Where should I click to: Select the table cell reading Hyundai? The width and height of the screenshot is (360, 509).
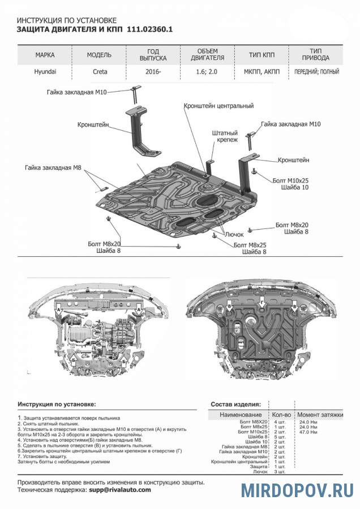click(x=45, y=72)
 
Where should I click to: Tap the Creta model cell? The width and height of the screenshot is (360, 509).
click(x=99, y=72)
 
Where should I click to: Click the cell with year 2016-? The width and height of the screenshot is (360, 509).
click(x=153, y=72)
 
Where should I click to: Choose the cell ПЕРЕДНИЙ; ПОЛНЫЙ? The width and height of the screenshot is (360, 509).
click(x=315, y=72)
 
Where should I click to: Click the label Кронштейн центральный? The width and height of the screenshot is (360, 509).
click(x=218, y=106)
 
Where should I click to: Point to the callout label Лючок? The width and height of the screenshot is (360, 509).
click(x=234, y=234)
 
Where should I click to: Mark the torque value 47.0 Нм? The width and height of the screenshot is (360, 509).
click(x=308, y=432)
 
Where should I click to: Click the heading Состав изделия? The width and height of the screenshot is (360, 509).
click(x=235, y=404)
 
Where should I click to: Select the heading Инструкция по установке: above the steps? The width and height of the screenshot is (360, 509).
click(x=57, y=404)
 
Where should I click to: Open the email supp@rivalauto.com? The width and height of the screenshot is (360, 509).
click(x=119, y=490)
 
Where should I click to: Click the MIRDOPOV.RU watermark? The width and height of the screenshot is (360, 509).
click(x=298, y=490)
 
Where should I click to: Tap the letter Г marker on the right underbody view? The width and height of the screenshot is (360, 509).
click(x=262, y=304)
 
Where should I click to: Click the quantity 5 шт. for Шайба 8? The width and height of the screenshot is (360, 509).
click(x=279, y=437)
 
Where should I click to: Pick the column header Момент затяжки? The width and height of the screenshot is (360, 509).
click(x=320, y=415)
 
